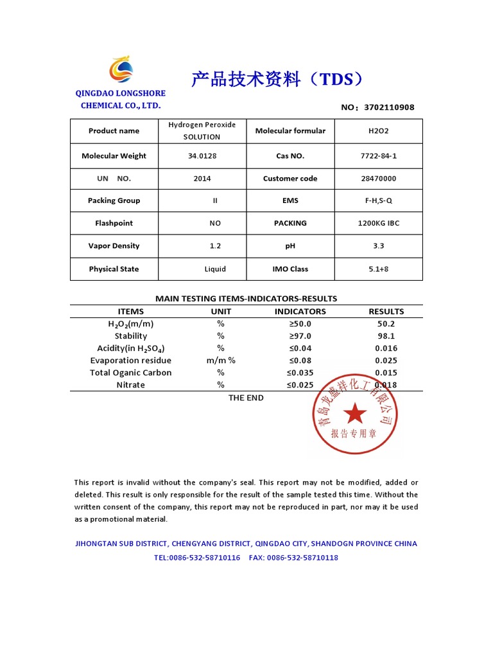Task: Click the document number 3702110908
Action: point(389,107)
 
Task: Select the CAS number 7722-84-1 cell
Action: point(379,156)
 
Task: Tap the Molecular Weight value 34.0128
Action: point(202,156)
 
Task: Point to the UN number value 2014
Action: point(202,179)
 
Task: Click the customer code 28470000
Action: point(379,179)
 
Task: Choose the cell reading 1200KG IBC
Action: point(379,223)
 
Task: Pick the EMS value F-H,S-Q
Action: point(379,200)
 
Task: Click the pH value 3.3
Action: point(379,245)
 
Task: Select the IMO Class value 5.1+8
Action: point(379,269)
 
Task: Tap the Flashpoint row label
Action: point(114,223)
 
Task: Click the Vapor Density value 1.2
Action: point(215,245)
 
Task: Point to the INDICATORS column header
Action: point(300,311)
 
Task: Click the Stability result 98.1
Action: point(386,335)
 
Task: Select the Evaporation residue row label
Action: point(131,360)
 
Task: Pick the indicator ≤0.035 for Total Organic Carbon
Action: point(300,373)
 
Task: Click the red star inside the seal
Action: point(354,413)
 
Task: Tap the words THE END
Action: point(246,398)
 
